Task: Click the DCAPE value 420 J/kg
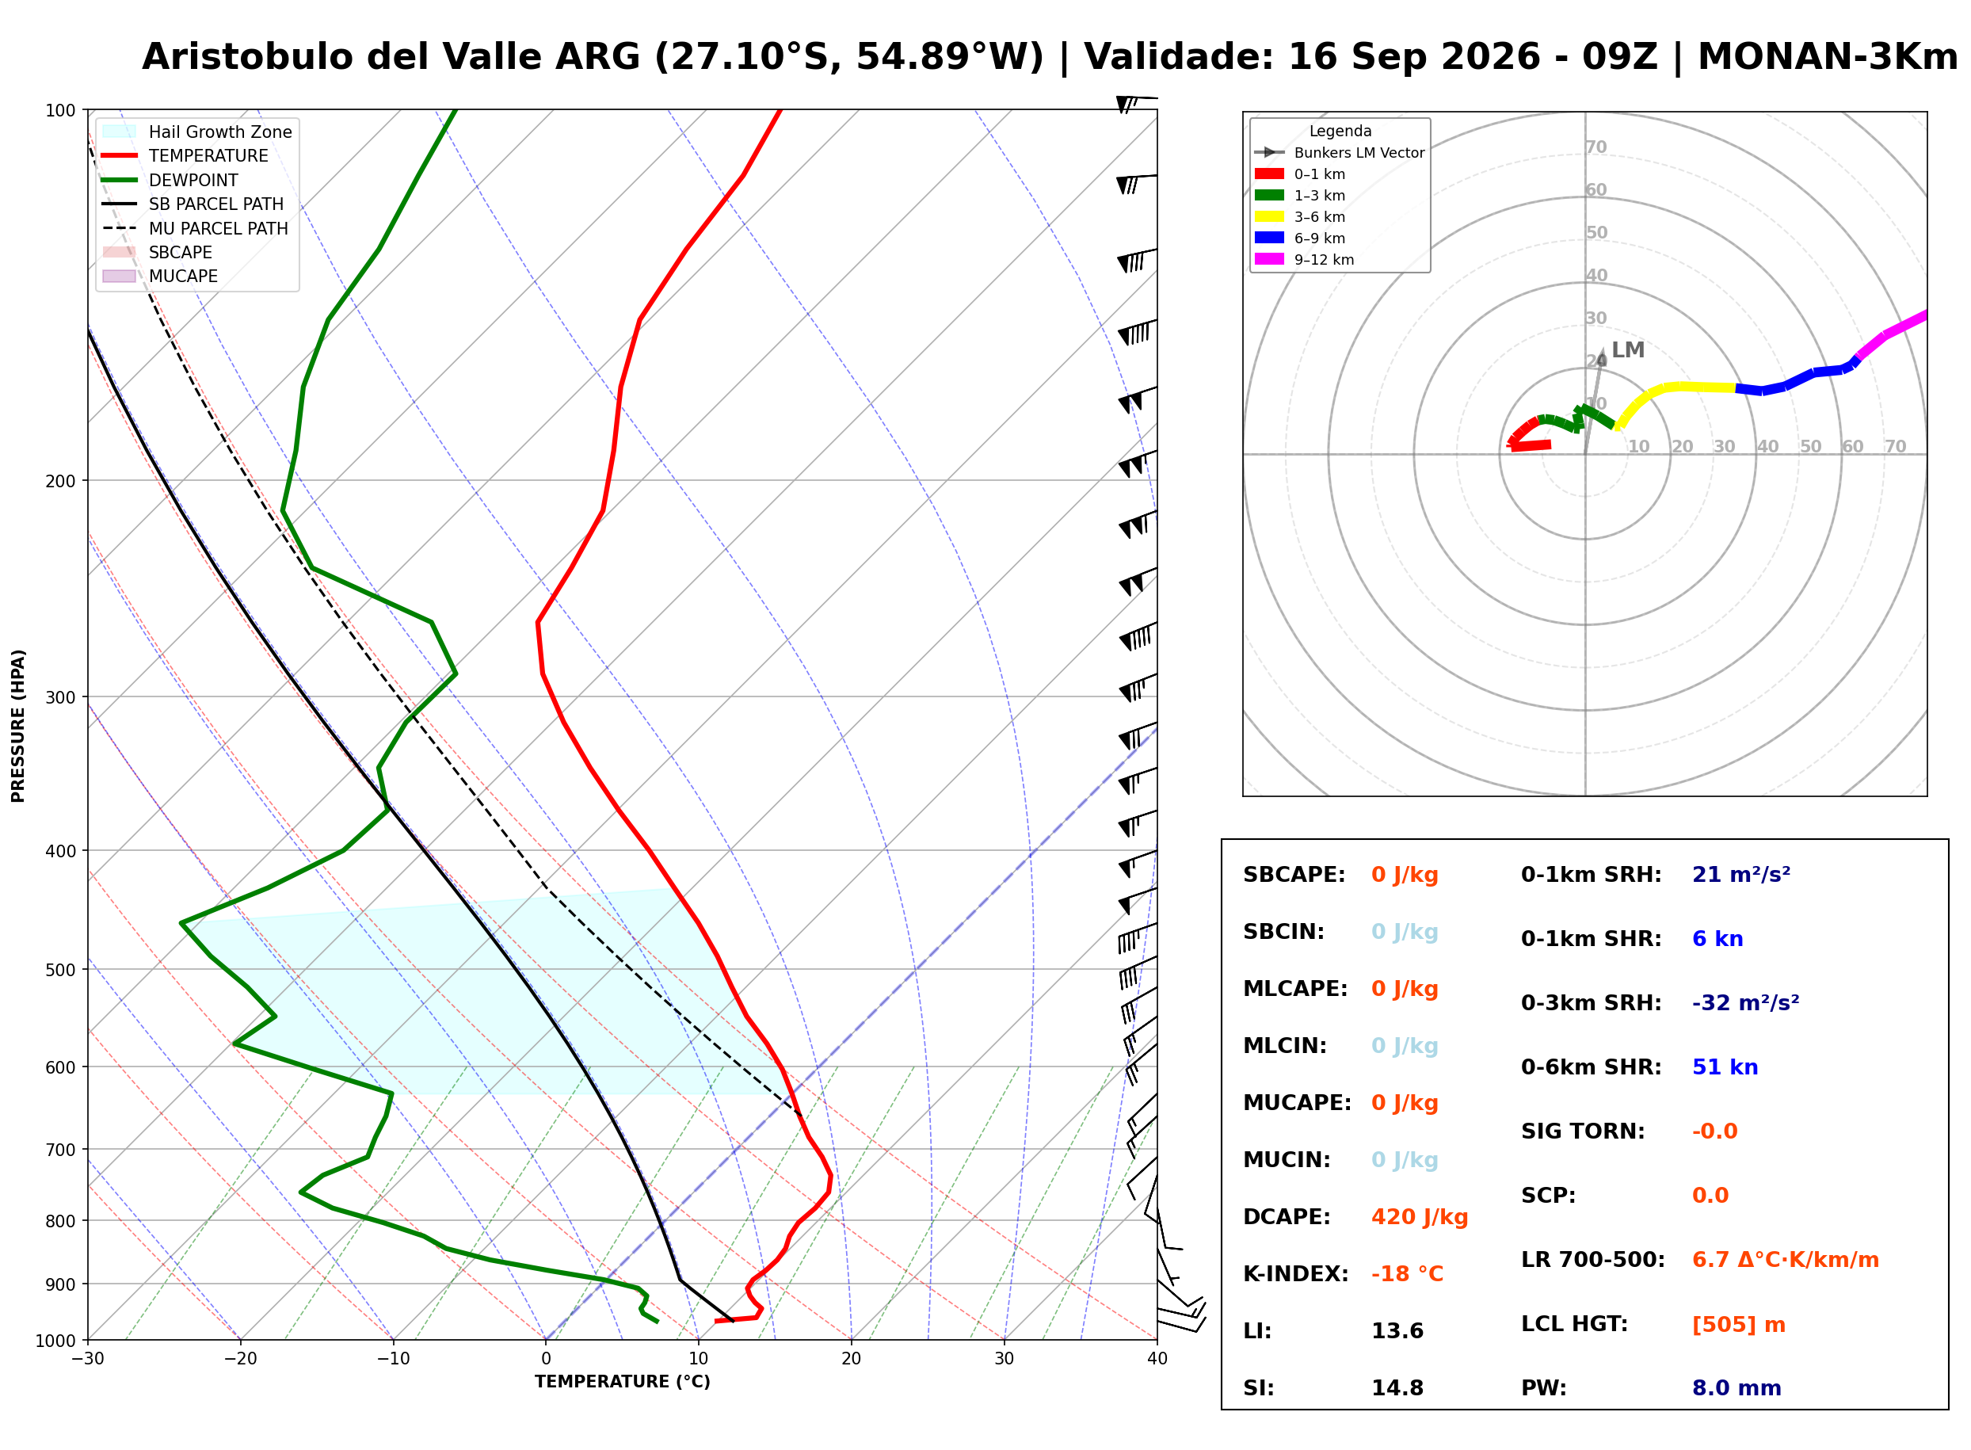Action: point(1419,1216)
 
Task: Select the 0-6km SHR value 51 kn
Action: point(1725,1067)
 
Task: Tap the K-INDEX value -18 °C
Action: point(1407,1273)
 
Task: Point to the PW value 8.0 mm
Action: point(1736,1387)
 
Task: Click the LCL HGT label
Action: point(1574,1323)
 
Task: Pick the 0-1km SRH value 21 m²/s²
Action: point(1741,874)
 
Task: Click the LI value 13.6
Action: point(1397,1330)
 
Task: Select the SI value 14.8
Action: point(1397,1387)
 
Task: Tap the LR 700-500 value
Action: point(1785,1260)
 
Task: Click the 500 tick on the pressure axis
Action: point(60,970)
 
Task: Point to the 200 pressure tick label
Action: point(60,481)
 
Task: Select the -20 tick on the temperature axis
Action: point(239,1359)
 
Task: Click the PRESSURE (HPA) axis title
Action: point(17,726)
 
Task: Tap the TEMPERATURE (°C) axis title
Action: point(622,1382)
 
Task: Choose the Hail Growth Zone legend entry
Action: point(197,132)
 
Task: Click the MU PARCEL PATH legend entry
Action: point(196,228)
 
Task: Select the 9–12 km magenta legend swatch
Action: point(1269,259)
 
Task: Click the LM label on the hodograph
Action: point(1628,350)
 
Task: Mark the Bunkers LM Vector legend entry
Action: point(1339,153)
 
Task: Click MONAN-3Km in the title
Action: point(1827,57)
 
